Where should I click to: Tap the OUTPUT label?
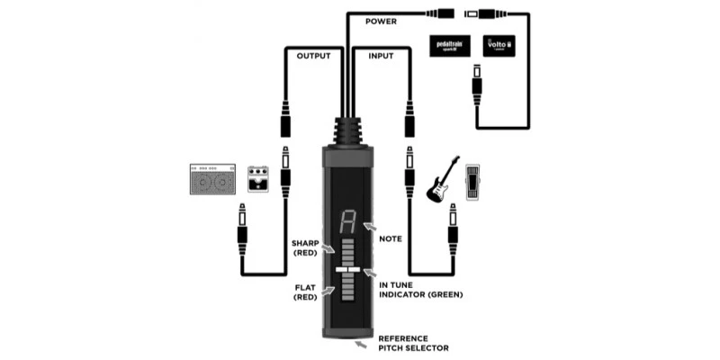(x=314, y=56)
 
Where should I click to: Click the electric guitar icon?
(x=440, y=180)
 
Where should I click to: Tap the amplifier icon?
(x=212, y=179)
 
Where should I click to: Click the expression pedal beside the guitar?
(x=473, y=183)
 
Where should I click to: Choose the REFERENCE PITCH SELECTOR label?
(x=413, y=343)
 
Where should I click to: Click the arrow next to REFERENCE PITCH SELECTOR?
(x=363, y=342)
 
